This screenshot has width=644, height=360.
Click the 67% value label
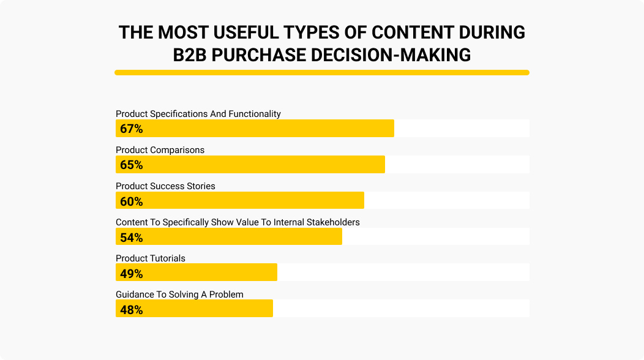click(x=131, y=129)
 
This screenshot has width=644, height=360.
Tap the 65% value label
click(x=131, y=165)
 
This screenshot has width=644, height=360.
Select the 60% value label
click(x=131, y=201)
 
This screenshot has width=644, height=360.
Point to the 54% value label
click(x=131, y=238)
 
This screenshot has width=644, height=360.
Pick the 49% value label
click(x=131, y=274)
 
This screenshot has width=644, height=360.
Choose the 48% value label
click(x=131, y=310)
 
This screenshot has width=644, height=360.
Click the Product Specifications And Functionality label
click(x=198, y=114)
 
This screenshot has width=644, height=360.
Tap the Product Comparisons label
click(x=160, y=150)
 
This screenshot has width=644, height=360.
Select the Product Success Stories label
click(x=166, y=186)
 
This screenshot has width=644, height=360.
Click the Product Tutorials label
click(x=151, y=258)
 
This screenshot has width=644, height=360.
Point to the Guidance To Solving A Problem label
click(x=180, y=294)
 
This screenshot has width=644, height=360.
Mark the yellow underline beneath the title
click(x=322, y=73)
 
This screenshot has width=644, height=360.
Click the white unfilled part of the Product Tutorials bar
click(x=403, y=272)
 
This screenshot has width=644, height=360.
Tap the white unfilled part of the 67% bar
click(x=462, y=129)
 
